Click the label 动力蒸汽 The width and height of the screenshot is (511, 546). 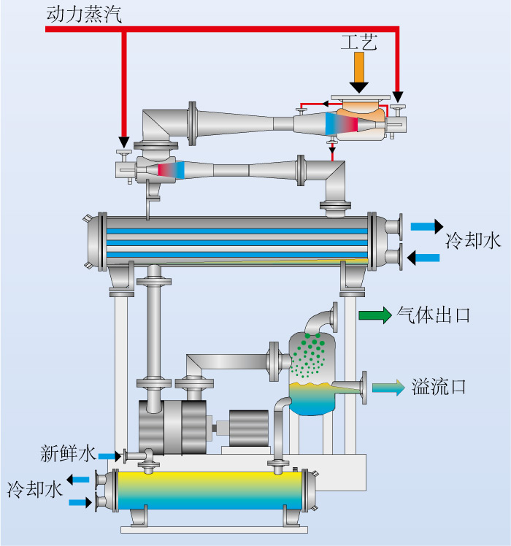tap(84, 15)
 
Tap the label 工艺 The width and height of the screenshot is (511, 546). tap(358, 42)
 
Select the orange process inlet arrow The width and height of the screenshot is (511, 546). tap(358, 72)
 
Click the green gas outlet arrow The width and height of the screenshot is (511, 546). tap(375, 315)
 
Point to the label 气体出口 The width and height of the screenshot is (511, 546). tap(434, 315)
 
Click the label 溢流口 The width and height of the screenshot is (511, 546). tap(439, 387)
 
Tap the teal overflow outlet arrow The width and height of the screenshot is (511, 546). tap(388, 387)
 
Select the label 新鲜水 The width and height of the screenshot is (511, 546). tap(68, 453)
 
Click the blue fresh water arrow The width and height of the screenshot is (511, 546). tap(109, 456)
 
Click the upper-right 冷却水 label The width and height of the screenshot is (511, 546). tap(473, 241)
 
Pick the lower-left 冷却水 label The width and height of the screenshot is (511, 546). tap(35, 489)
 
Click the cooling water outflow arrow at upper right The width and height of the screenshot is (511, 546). tap(427, 227)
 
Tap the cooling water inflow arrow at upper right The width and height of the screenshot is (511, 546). tap(423, 258)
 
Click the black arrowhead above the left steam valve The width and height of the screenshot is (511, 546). tap(123, 142)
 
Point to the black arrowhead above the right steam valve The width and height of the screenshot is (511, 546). tap(398, 97)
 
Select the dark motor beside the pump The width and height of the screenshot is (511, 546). tap(249, 428)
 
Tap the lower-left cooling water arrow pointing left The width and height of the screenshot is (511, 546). tap(78, 480)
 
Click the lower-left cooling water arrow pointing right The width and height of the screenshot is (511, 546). tap(80, 502)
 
